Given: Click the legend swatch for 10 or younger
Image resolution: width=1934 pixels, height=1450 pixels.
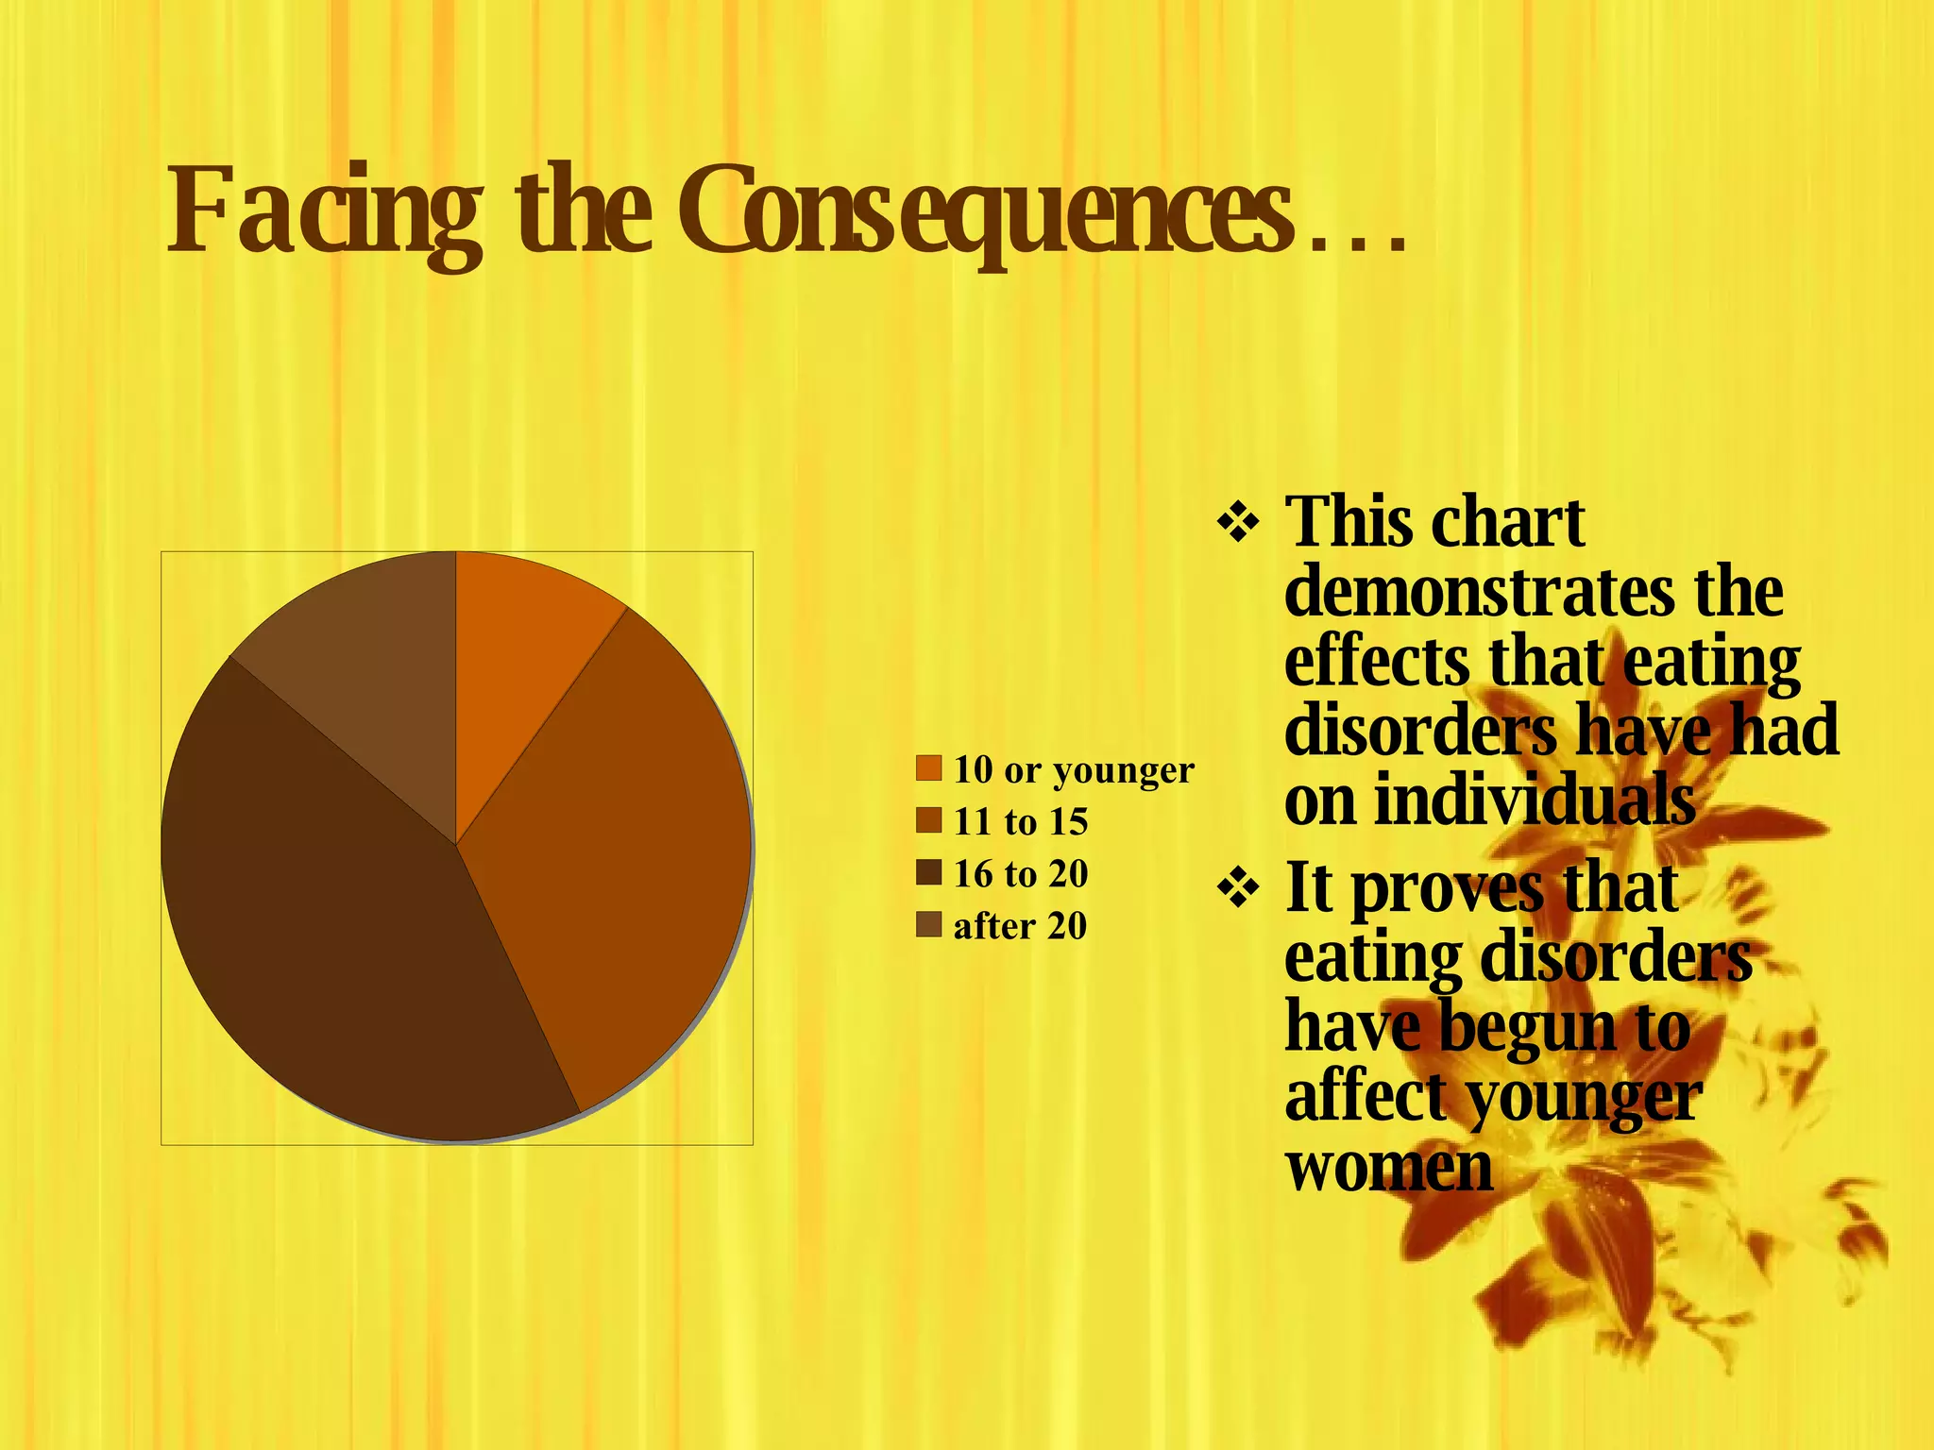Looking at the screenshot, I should pos(929,768).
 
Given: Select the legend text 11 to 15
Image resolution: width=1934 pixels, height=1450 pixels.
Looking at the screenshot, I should pos(1021,821).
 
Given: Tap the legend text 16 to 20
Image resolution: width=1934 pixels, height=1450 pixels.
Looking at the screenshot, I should pos(1021,873).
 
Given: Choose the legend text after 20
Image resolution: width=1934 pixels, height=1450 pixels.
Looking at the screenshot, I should pos(1020,926).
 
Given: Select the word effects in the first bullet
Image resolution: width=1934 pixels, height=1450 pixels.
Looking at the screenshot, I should pos(1377,662).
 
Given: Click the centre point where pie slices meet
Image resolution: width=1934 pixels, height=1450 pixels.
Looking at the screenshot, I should pos(456,845).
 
